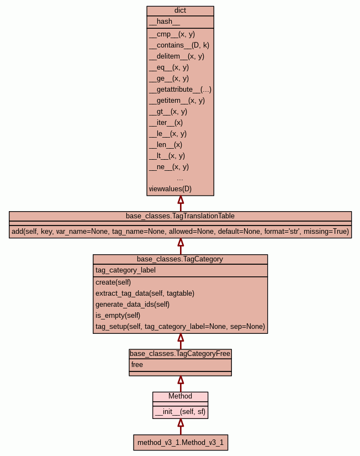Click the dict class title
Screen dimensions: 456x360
(180, 11)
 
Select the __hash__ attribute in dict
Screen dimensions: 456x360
(164, 22)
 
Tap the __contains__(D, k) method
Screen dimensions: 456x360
(179, 45)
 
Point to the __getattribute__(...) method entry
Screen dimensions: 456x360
(180, 89)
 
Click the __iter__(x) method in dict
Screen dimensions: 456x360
(166, 122)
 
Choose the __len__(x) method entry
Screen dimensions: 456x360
(165, 144)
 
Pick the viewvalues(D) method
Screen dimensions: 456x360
(170, 188)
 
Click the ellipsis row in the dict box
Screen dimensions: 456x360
(180, 178)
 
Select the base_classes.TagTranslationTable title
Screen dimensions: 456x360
(180, 216)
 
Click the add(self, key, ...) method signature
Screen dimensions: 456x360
(180, 231)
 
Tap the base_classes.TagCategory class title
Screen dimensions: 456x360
(180, 259)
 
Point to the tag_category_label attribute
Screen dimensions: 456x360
(125, 270)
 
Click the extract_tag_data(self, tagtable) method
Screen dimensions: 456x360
(145, 293)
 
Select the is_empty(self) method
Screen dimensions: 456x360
(118, 315)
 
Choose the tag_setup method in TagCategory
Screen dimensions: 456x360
(180, 327)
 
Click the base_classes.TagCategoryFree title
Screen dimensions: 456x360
(180, 353)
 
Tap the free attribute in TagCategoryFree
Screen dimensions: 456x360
(137, 365)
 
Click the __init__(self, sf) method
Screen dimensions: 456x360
(181, 411)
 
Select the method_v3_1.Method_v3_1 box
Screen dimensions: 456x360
(181, 443)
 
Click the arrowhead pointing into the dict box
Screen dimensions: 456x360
(180, 200)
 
